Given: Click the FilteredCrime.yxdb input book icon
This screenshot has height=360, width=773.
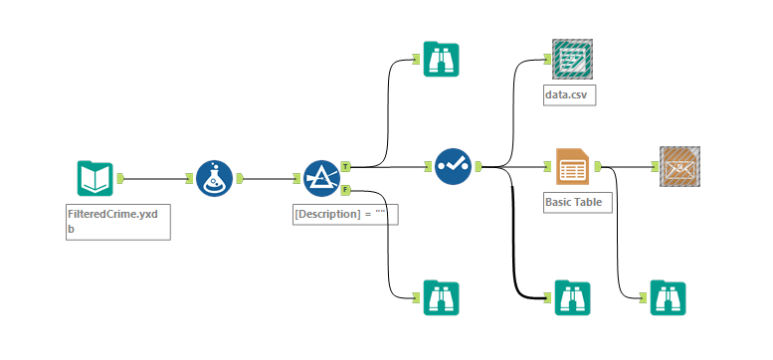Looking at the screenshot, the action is pos(96,178).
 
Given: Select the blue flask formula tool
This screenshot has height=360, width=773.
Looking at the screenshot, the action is pos(215,178).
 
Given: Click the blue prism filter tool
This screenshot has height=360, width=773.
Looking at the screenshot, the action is pos(321,178).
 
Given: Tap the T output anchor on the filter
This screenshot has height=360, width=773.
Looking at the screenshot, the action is pos(345,167).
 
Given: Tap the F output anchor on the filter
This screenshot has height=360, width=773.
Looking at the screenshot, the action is pos(345,189).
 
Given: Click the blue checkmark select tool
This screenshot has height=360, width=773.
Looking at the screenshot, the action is pos(453,167).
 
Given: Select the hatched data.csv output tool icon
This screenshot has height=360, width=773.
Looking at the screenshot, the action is pos(572,59).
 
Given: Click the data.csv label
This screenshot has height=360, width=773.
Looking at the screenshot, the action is pos(566,94).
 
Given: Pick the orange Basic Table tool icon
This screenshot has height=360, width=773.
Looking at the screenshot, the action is pos(572,166).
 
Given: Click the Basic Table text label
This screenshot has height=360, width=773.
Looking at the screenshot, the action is pos(573,202).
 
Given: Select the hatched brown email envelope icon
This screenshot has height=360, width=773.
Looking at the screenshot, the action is pos(679,166).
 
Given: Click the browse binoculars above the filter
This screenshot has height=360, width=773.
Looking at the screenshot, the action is pos(442,59).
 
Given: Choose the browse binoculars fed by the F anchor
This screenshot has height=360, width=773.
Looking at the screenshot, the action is pos(442,297).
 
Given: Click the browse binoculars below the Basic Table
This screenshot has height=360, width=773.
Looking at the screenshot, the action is pos(572,297).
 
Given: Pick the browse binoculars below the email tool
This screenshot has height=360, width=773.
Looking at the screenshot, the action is pos(668,297).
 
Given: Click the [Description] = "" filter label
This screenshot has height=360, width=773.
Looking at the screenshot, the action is pos(339,214).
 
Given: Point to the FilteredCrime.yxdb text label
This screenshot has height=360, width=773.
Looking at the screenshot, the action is pos(112,222).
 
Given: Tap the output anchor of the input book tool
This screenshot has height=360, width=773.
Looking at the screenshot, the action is pos(120,178).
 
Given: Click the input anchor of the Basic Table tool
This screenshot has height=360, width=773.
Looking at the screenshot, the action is pos(547,167).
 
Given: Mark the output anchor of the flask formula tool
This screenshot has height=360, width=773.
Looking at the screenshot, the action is pos(240,178).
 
